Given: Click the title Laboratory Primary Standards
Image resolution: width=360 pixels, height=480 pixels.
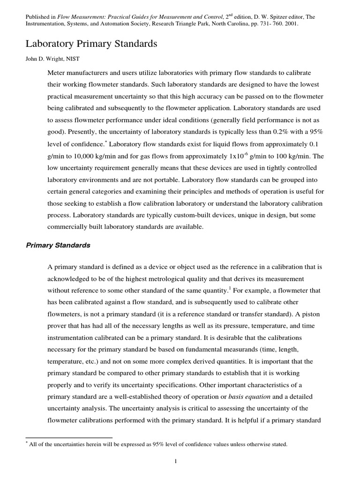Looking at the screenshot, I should tap(91, 44).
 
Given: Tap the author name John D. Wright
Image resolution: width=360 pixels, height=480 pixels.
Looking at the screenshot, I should tap(45, 60).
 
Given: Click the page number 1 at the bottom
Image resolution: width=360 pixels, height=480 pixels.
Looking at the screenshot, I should tap(175, 462).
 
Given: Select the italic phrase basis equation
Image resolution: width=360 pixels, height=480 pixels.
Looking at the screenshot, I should tap(260, 397).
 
